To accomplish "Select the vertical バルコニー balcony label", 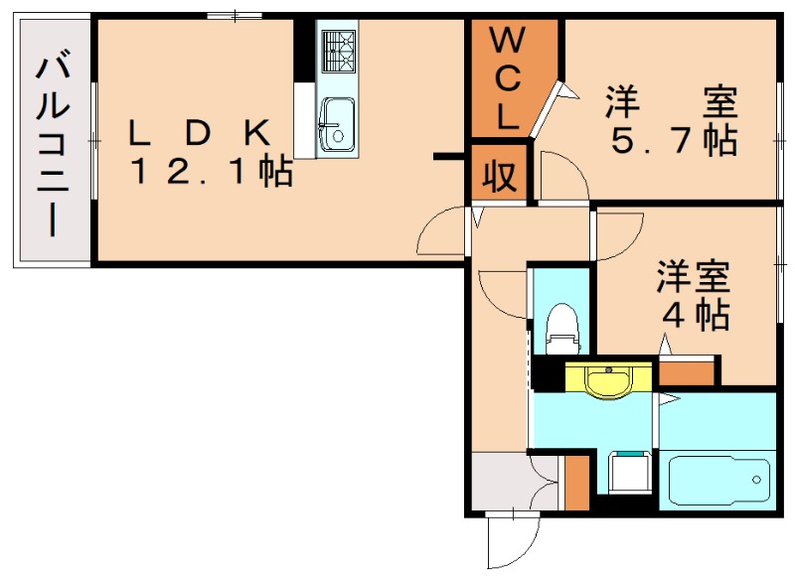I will [x=52, y=147].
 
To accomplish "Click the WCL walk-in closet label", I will [x=507, y=79].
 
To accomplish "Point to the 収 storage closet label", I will [x=500, y=176].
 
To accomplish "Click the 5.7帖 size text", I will [x=673, y=142].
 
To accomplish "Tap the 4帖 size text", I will [x=696, y=316].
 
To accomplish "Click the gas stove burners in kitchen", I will [x=336, y=52].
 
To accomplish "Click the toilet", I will [x=561, y=328].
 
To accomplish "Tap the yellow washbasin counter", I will [x=607, y=379].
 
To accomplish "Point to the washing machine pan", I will [x=628, y=474].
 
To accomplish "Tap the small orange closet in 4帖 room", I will [x=687, y=373].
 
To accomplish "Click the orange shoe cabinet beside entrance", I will [x=575, y=481].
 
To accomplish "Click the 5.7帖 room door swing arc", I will [x=563, y=179].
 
